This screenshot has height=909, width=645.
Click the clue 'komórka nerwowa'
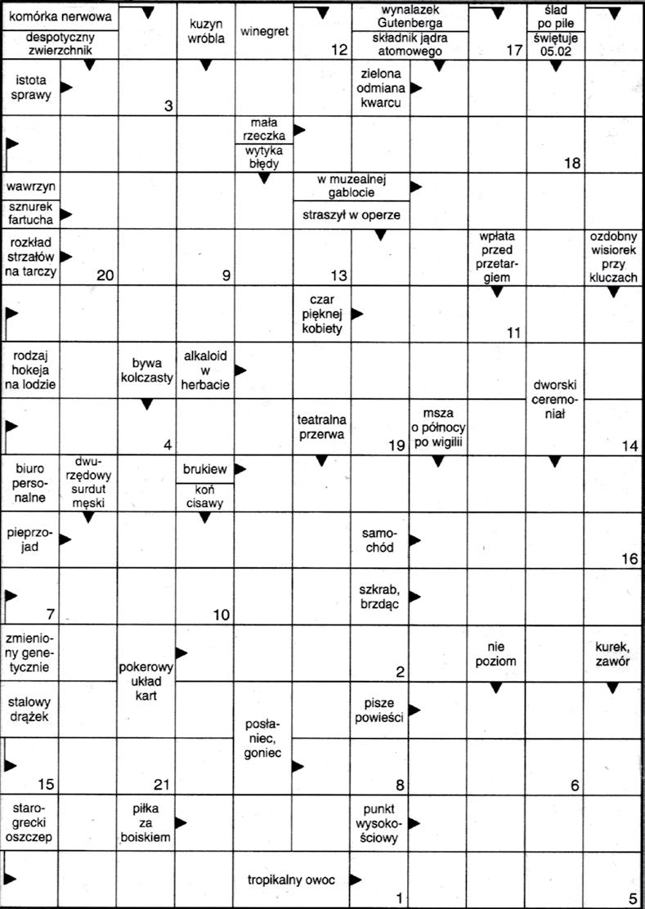59,16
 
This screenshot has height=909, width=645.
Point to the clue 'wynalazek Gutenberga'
410,16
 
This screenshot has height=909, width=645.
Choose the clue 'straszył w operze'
351,214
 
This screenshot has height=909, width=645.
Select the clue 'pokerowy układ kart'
146,680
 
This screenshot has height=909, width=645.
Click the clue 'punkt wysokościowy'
379,822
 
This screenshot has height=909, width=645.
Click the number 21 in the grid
161,786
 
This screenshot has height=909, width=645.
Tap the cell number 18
571,163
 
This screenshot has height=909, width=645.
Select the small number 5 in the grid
633,898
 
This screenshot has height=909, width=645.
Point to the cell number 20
105,276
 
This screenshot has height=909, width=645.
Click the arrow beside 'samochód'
415,539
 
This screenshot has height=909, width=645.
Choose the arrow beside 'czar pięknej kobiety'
357,313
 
